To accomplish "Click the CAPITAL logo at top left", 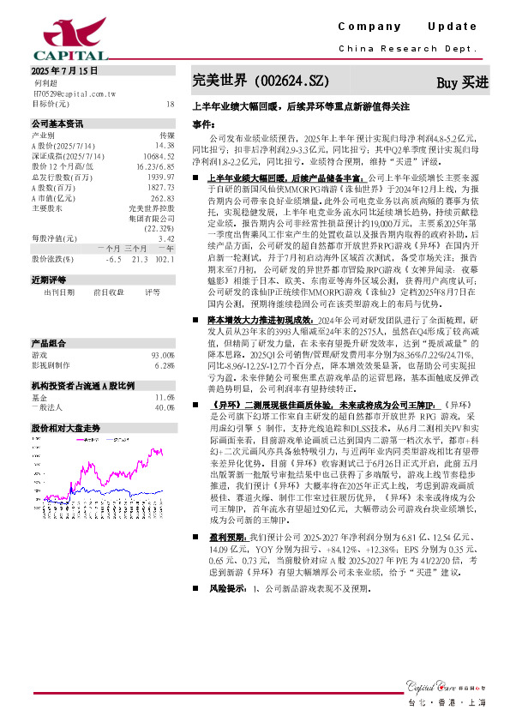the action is tap(58, 35).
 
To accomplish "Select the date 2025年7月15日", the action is tap(64, 71).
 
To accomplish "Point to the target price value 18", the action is tap(170, 103).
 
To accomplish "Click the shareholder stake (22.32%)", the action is tap(160, 252).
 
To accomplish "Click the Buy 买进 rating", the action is tap(463, 82).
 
